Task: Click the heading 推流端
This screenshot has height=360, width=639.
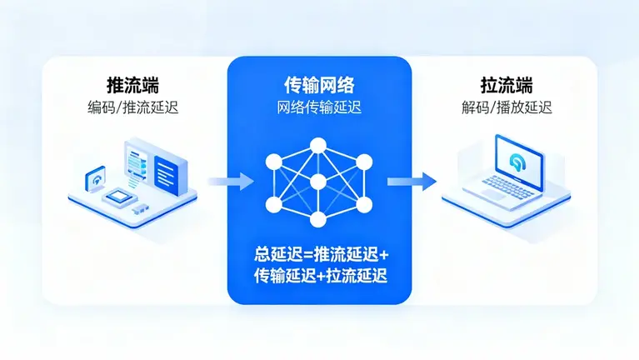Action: point(133,85)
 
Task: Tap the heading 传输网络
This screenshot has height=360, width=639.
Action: point(318,84)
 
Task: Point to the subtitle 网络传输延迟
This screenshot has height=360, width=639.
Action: point(318,107)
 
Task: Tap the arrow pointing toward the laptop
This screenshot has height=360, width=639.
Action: point(412,180)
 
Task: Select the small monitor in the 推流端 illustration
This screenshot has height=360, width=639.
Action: point(97,179)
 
